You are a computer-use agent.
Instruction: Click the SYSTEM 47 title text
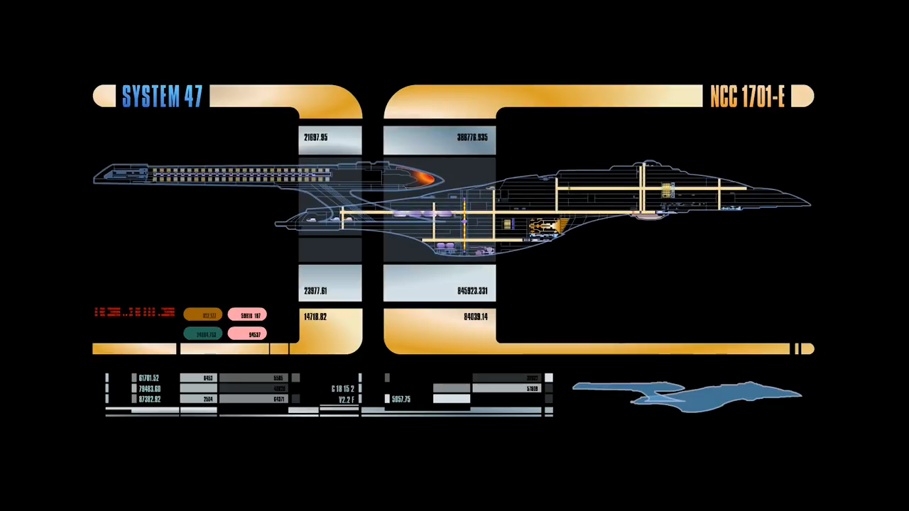(x=162, y=97)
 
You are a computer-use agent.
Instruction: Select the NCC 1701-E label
(x=747, y=97)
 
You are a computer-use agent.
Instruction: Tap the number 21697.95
(x=315, y=138)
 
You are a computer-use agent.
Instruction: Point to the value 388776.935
(x=472, y=138)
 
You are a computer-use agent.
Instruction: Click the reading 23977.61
(x=315, y=291)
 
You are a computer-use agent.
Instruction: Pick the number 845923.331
(x=472, y=291)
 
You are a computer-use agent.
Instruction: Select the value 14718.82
(x=315, y=317)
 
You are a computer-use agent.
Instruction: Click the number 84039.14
(x=476, y=317)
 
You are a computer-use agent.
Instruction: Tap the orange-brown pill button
(x=203, y=315)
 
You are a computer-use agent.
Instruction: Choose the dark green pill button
(x=203, y=334)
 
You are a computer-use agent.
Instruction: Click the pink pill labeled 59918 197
(x=247, y=315)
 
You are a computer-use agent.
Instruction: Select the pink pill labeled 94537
(x=247, y=334)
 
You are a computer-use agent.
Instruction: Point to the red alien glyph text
(x=134, y=312)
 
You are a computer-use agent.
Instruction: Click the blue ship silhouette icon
(x=687, y=396)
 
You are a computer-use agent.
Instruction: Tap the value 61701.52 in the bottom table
(x=149, y=378)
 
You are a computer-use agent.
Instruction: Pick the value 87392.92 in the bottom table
(x=149, y=400)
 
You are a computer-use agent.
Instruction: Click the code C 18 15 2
(x=342, y=389)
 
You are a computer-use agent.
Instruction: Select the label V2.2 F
(x=346, y=400)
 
